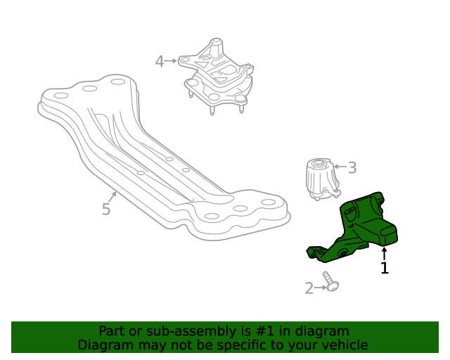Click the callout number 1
tap(385, 268)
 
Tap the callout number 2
tap(309, 288)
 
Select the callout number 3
tap(352, 168)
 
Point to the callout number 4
tap(160, 62)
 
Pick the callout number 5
tap(106, 209)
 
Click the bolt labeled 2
tap(330, 282)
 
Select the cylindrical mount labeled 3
tap(321, 180)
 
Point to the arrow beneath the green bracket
tap(385, 253)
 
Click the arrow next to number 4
tap(172, 62)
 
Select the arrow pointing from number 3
tap(339, 168)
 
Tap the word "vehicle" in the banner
tap(345, 345)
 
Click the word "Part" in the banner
tap(112, 331)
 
